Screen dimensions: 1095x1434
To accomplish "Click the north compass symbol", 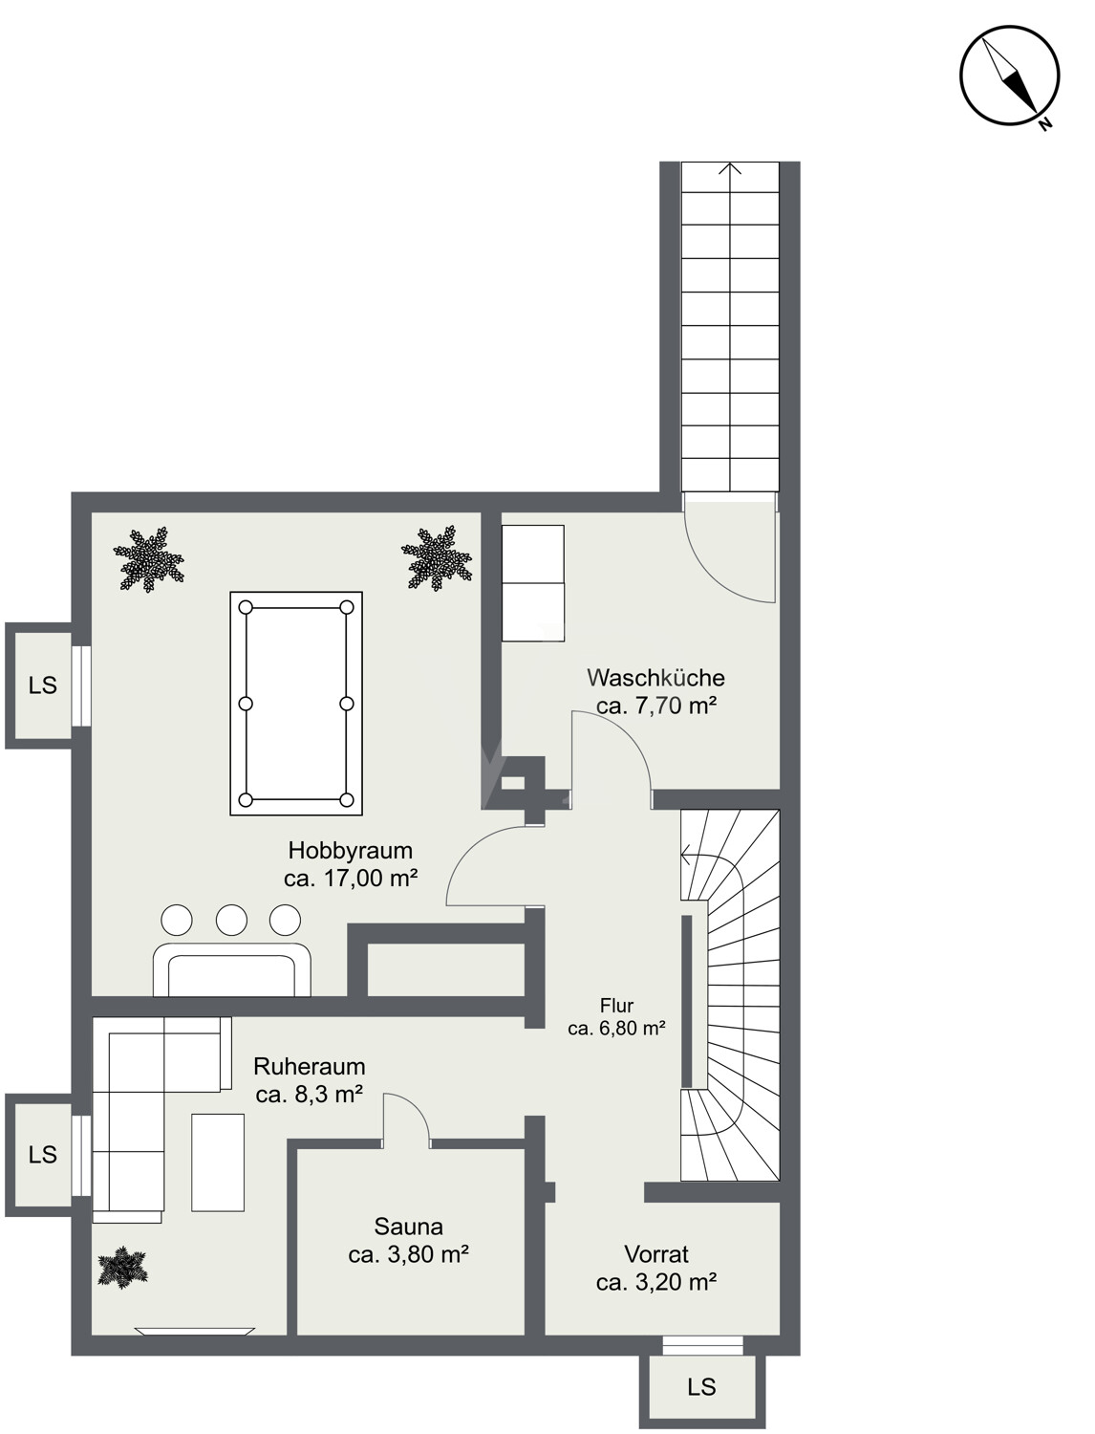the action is click(x=1009, y=76).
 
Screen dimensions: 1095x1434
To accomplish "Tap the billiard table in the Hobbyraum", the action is click(x=296, y=704).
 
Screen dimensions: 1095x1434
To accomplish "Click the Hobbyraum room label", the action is click(x=351, y=850).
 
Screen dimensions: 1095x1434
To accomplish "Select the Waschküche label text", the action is click(x=655, y=678).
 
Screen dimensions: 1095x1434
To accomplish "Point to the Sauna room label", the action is click(x=409, y=1227).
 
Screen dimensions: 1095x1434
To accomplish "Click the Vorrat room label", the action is click(x=656, y=1253).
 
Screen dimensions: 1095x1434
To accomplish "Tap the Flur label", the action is click(x=616, y=1005).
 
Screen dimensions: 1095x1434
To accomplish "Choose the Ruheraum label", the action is click(x=309, y=1066).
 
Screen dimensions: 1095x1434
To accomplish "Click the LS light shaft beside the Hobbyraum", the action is click(x=42, y=685).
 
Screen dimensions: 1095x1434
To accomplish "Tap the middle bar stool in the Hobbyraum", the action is click(x=231, y=920).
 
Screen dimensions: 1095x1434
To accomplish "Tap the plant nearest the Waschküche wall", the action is click(x=436, y=558).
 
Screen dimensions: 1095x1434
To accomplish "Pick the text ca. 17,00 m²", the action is click(x=351, y=879).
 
